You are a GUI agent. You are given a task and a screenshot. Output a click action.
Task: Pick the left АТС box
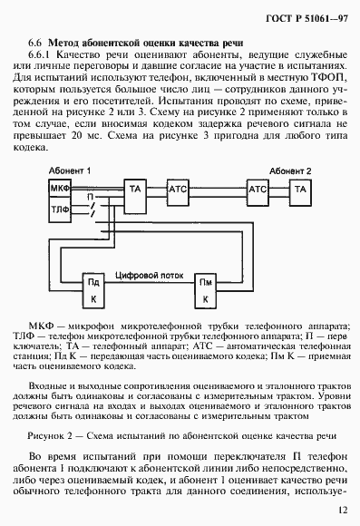178,189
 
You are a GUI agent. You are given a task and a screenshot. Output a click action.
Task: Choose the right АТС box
258,189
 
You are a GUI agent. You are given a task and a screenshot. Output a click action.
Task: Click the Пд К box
92,289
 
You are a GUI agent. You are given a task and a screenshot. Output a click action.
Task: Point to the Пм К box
208,289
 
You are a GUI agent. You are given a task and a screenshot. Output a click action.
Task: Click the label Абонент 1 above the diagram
68,170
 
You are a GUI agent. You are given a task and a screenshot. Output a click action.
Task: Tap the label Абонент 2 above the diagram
289,170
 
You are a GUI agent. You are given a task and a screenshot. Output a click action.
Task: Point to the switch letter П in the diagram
89,196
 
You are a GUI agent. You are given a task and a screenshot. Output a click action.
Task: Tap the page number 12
340,510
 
